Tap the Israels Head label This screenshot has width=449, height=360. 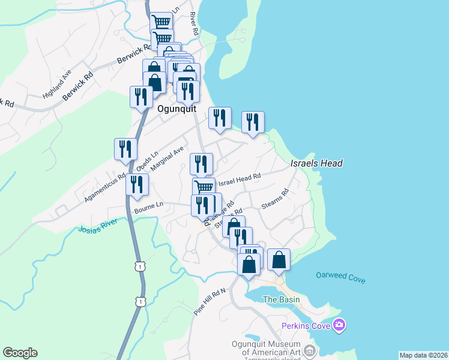tap(316, 163)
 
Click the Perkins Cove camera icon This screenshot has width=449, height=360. tap(340, 326)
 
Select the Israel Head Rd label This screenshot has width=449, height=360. tap(239, 179)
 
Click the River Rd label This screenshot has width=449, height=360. tap(193, 23)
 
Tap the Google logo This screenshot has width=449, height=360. tap(20, 353)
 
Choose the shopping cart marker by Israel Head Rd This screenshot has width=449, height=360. tap(203, 187)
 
